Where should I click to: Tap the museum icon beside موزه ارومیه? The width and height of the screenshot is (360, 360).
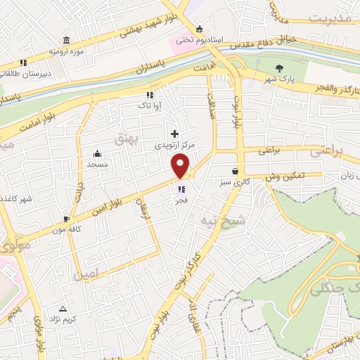point(65,39)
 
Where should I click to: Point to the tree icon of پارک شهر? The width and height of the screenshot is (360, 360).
point(280,68)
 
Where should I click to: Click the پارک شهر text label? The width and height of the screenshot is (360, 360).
point(280,79)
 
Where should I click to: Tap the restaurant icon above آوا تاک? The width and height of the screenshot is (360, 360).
point(149,95)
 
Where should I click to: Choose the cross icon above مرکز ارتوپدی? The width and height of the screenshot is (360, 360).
point(174,133)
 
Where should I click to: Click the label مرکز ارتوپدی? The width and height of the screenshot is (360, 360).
point(174,145)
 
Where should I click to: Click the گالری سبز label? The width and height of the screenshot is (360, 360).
point(234,183)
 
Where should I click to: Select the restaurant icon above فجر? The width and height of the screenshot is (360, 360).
point(181,188)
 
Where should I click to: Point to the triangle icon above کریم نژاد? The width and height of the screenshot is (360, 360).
point(63,308)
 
